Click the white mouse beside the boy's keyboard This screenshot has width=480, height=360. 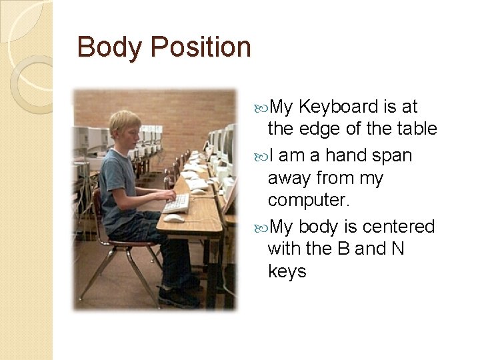pos(173,217)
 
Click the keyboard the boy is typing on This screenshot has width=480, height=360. pos(176,202)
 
